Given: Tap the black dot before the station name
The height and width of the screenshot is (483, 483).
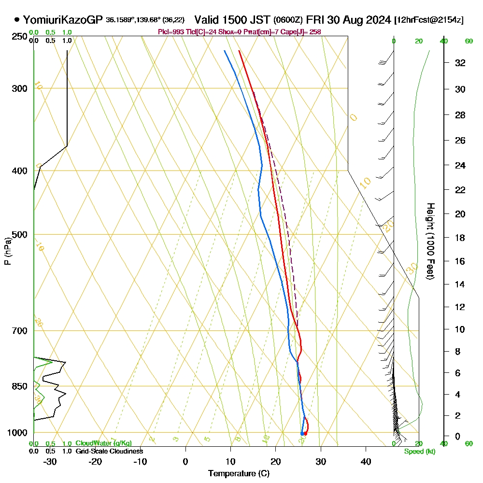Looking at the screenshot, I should (x=17, y=20).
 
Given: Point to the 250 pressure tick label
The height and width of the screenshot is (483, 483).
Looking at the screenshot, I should (x=20, y=36).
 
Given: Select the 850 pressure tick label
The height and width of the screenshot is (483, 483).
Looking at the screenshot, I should (x=20, y=386).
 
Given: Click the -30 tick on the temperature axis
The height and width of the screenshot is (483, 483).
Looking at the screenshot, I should (x=50, y=461).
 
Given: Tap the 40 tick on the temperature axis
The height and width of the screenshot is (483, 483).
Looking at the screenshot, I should (x=366, y=461).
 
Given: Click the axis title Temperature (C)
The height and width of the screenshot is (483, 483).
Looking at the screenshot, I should (x=239, y=473).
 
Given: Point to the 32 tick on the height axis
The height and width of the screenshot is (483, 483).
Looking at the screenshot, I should (x=460, y=63).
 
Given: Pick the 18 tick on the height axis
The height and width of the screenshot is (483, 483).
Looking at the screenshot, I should (x=460, y=238).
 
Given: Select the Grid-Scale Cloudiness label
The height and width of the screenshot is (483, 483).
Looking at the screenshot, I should (x=109, y=451).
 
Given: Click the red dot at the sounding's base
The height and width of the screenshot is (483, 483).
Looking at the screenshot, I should (x=305, y=434).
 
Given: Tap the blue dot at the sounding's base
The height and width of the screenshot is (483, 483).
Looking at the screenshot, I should (x=302, y=434).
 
